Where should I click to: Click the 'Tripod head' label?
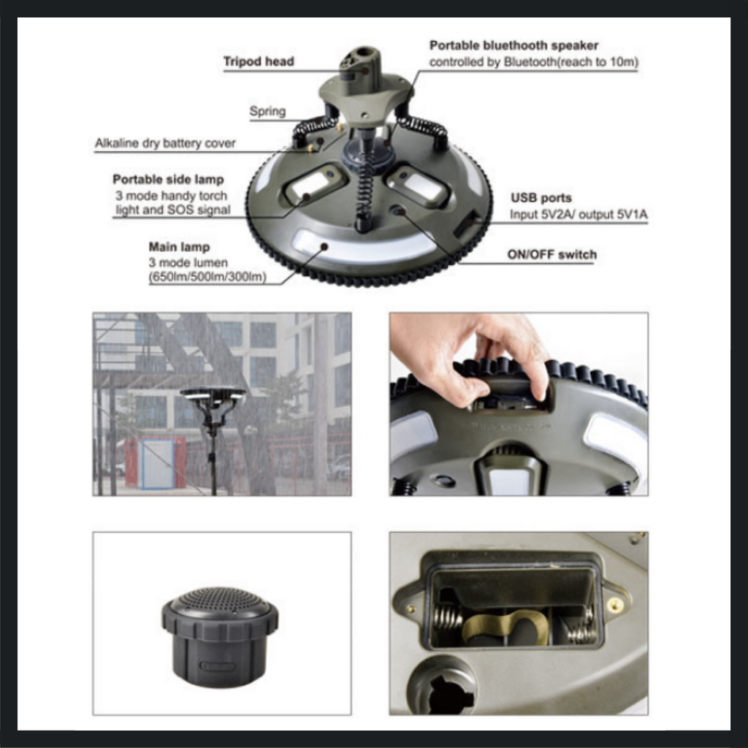[259, 61]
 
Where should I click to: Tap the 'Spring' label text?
[267, 111]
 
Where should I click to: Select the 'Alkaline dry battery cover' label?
[165, 143]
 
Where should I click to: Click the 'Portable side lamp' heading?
[169, 180]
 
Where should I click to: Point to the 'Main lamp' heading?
[180, 247]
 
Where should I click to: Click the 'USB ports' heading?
[541, 198]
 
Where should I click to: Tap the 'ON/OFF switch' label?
[552, 255]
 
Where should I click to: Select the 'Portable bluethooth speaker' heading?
[514, 45]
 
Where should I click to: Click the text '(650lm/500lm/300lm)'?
[207, 277]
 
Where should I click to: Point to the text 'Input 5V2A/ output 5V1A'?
[579, 215]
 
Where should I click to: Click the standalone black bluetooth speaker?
[220, 636]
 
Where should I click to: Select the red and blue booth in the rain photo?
[156, 462]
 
